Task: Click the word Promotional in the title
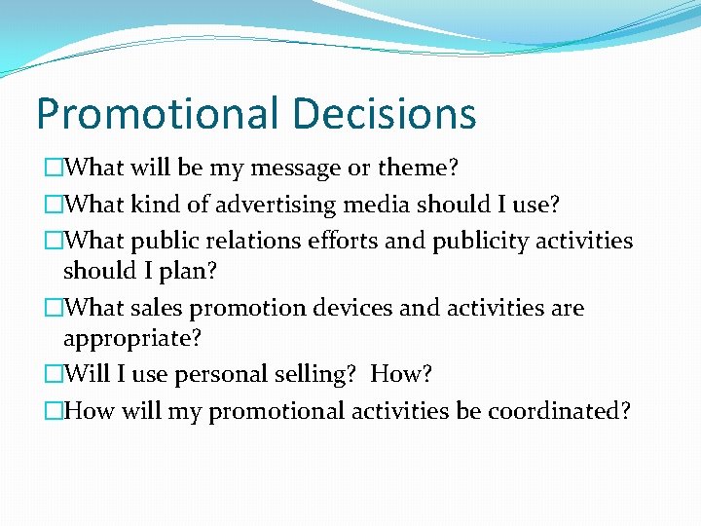(x=156, y=114)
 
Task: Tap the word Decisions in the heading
(x=382, y=114)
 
